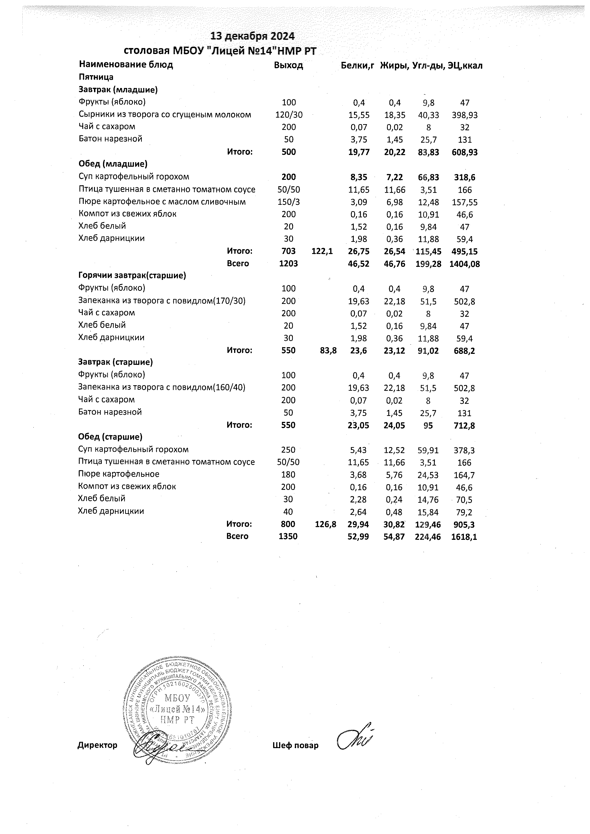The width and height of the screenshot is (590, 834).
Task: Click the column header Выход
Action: point(289,65)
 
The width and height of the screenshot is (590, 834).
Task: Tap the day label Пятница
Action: point(96,77)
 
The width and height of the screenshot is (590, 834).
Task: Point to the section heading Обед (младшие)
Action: point(113,164)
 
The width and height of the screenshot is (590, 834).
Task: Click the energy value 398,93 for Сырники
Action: point(465,115)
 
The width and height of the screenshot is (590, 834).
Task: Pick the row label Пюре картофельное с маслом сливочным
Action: point(162,202)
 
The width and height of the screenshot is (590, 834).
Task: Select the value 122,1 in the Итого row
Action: point(322,251)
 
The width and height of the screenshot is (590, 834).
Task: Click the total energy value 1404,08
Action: point(465,264)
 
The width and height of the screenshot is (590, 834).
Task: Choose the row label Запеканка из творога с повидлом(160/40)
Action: point(162,387)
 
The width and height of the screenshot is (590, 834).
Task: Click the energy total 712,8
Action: point(464,425)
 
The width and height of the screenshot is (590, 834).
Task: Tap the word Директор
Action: point(97,745)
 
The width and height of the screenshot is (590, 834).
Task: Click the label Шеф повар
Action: point(295,745)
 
